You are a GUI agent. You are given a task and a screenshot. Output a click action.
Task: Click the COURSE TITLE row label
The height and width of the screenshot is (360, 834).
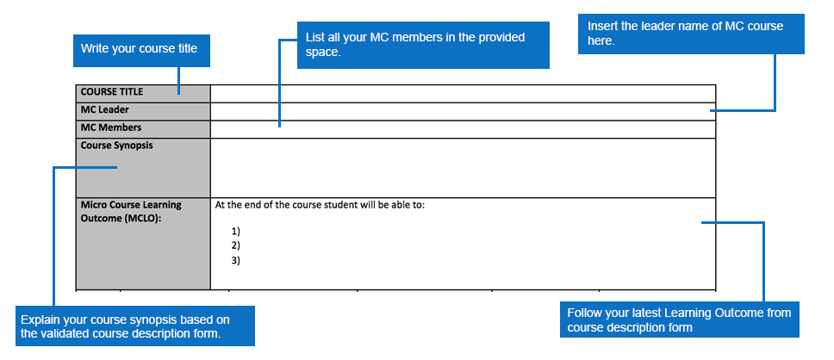tap(112, 91)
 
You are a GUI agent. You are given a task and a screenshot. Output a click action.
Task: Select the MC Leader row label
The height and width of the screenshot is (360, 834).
tap(105, 109)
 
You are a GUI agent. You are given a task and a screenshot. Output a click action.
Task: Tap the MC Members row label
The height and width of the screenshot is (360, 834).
tap(111, 127)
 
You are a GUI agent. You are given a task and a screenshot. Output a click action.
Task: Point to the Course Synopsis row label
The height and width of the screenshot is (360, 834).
tap(116, 146)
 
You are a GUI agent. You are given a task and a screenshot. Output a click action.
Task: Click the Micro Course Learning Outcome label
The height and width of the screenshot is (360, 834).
tap(131, 211)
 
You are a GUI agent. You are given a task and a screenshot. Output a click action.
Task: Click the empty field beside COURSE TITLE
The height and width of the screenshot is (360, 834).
tap(463, 94)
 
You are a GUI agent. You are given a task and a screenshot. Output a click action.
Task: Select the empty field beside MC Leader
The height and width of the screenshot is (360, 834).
tap(463, 112)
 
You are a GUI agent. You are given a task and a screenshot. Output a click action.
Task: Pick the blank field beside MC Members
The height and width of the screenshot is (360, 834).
tap(463, 130)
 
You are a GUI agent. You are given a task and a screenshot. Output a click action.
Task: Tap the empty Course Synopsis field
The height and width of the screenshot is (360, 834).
tap(463, 168)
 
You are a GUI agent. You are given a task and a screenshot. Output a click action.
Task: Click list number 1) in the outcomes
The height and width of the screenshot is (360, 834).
tap(235, 231)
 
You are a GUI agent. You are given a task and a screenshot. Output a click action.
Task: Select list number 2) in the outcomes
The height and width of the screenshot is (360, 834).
tap(235, 245)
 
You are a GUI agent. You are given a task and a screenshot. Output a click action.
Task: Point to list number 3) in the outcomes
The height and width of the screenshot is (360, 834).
tap(235, 261)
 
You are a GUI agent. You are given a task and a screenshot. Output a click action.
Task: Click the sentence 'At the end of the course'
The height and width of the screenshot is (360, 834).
tap(320, 205)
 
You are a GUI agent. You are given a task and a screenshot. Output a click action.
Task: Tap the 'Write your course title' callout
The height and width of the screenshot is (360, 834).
tap(141, 51)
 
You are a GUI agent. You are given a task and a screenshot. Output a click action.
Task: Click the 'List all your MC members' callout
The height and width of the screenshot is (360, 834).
tap(423, 45)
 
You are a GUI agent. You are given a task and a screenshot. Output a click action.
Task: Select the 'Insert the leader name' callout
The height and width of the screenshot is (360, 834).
tap(691, 34)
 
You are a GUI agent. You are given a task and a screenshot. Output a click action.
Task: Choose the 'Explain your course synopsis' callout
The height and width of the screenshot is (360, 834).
tap(135, 326)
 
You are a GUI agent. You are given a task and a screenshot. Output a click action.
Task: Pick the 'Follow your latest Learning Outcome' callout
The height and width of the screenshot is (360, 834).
tap(679, 320)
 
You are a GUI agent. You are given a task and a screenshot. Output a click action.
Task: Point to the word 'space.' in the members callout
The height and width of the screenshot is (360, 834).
tap(323, 53)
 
